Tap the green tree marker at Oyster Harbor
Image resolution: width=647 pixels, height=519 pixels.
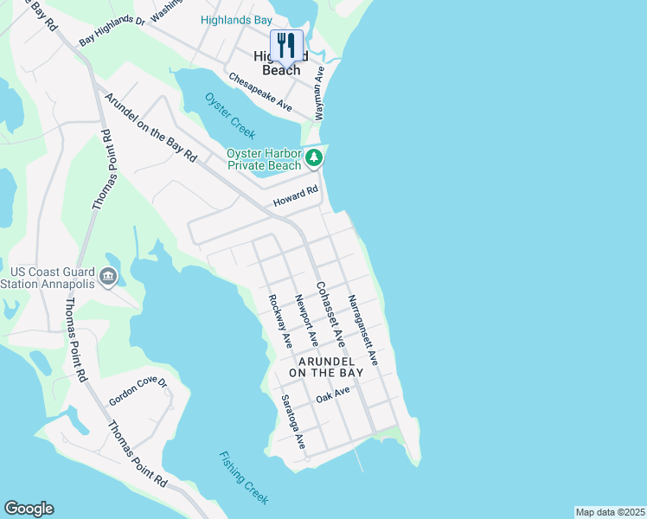pyautogui.click(x=314, y=158)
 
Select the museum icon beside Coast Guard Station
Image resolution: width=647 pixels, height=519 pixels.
pyautogui.click(x=109, y=277)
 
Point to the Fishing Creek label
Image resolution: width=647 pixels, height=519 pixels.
pyautogui.click(x=244, y=477)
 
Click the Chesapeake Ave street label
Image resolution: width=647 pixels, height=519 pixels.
pyautogui.click(x=259, y=91)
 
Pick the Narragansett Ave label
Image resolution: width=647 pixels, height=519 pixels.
pyautogui.click(x=363, y=330)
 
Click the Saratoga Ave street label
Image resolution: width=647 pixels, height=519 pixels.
pyautogui.click(x=292, y=422)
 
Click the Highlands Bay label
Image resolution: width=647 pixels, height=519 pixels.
pyautogui.click(x=236, y=20)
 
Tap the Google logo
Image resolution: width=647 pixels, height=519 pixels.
pyautogui.click(x=29, y=509)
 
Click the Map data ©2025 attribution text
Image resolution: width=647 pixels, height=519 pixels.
pyautogui.click(x=610, y=512)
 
